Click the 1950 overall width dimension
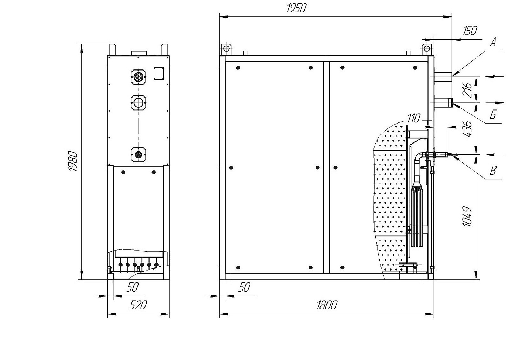[x=297, y=8]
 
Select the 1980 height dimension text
[x=73, y=161]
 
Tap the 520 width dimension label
[x=138, y=306]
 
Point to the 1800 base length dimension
[x=326, y=306]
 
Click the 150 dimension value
[x=470, y=31]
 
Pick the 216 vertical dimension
[x=467, y=90]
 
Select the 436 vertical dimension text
[x=467, y=129]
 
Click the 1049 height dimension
[x=467, y=216]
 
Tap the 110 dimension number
[x=413, y=119]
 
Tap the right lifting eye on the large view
[x=427, y=49]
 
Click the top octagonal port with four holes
[x=138, y=77]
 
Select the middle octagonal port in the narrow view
[x=138, y=103]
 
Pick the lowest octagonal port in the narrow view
[x=138, y=155]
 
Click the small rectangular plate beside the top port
[x=159, y=74]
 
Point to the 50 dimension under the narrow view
[x=133, y=287]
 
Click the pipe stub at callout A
[x=443, y=77]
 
